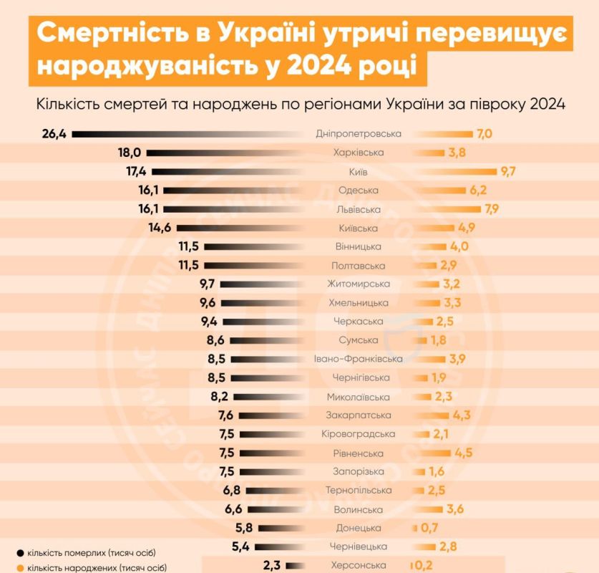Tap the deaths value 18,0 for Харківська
click(x=133, y=153)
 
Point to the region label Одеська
click(x=359, y=191)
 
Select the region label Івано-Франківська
click(x=359, y=359)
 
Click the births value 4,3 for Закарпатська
click(x=463, y=415)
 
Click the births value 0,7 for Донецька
click(x=430, y=528)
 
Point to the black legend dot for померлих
click(x=19, y=553)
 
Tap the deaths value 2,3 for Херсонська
click(x=272, y=565)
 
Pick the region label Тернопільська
click(x=359, y=490)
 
